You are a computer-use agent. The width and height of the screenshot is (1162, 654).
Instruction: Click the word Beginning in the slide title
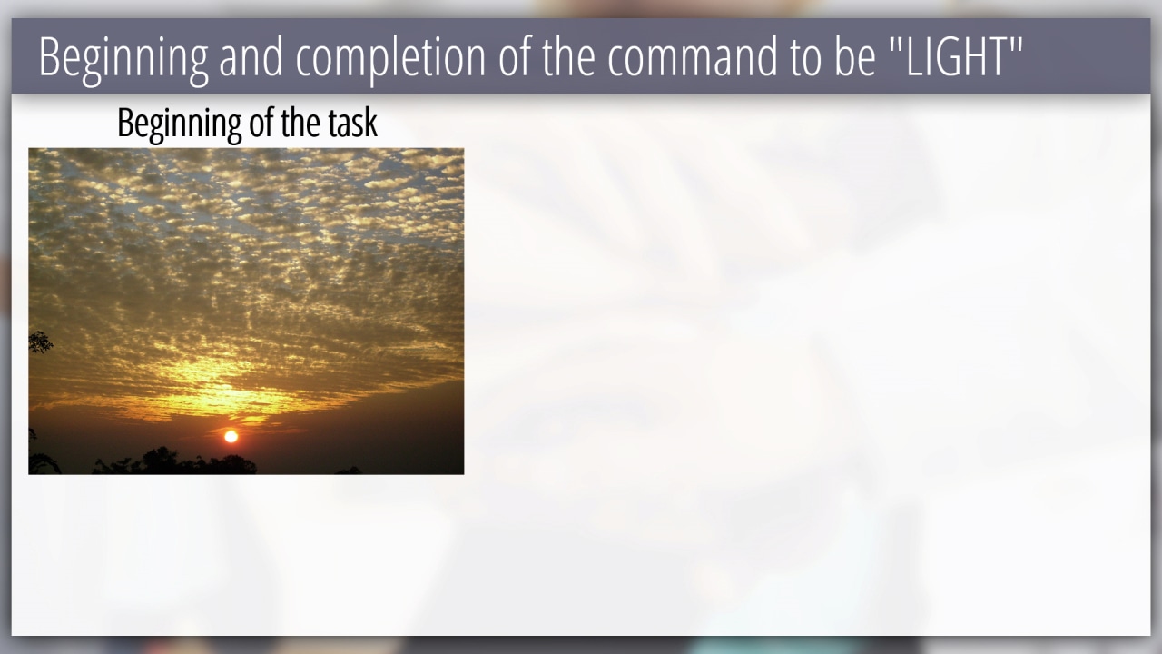[123, 57]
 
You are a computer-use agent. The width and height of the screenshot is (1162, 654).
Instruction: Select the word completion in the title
[390, 57]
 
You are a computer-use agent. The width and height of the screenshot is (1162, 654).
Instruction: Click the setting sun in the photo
[231, 437]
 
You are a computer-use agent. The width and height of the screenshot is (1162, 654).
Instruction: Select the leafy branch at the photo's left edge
[40, 342]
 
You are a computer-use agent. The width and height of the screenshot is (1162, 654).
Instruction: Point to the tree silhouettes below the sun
[174, 461]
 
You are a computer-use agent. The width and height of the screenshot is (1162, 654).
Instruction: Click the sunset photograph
[246, 312]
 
